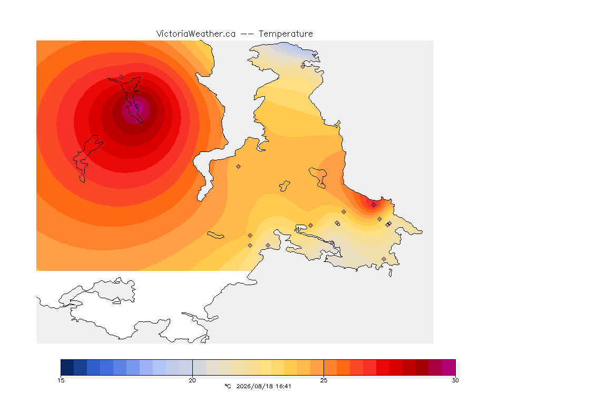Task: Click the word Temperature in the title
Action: click(x=286, y=34)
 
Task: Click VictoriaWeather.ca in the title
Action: click(x=196, y=34)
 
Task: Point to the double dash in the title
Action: click(x=247, y=34)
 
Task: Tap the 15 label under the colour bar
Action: click(x=61, y=380)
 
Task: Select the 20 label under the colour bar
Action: click(x=192, y=380)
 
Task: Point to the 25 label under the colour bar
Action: click(x=324, y=380)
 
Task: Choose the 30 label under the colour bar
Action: click(x=455, y=380)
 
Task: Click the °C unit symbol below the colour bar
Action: click(x=228, y=386)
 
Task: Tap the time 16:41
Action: click(x=284, y=386)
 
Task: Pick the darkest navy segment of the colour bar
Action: click(x=67, y=367)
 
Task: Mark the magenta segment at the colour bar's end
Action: click(x=449, y=367)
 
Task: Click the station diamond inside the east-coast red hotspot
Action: click(x=374, y=205)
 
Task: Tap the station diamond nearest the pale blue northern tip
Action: click(x=303, y=66)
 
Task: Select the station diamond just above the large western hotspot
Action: click(x=122, y=77)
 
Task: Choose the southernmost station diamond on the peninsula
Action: click(x=384, y=259)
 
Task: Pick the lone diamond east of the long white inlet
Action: click(x=239, y=167)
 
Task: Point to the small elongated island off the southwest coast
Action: click(x=216, y=235)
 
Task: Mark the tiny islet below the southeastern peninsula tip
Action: click(x=390, y=273)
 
